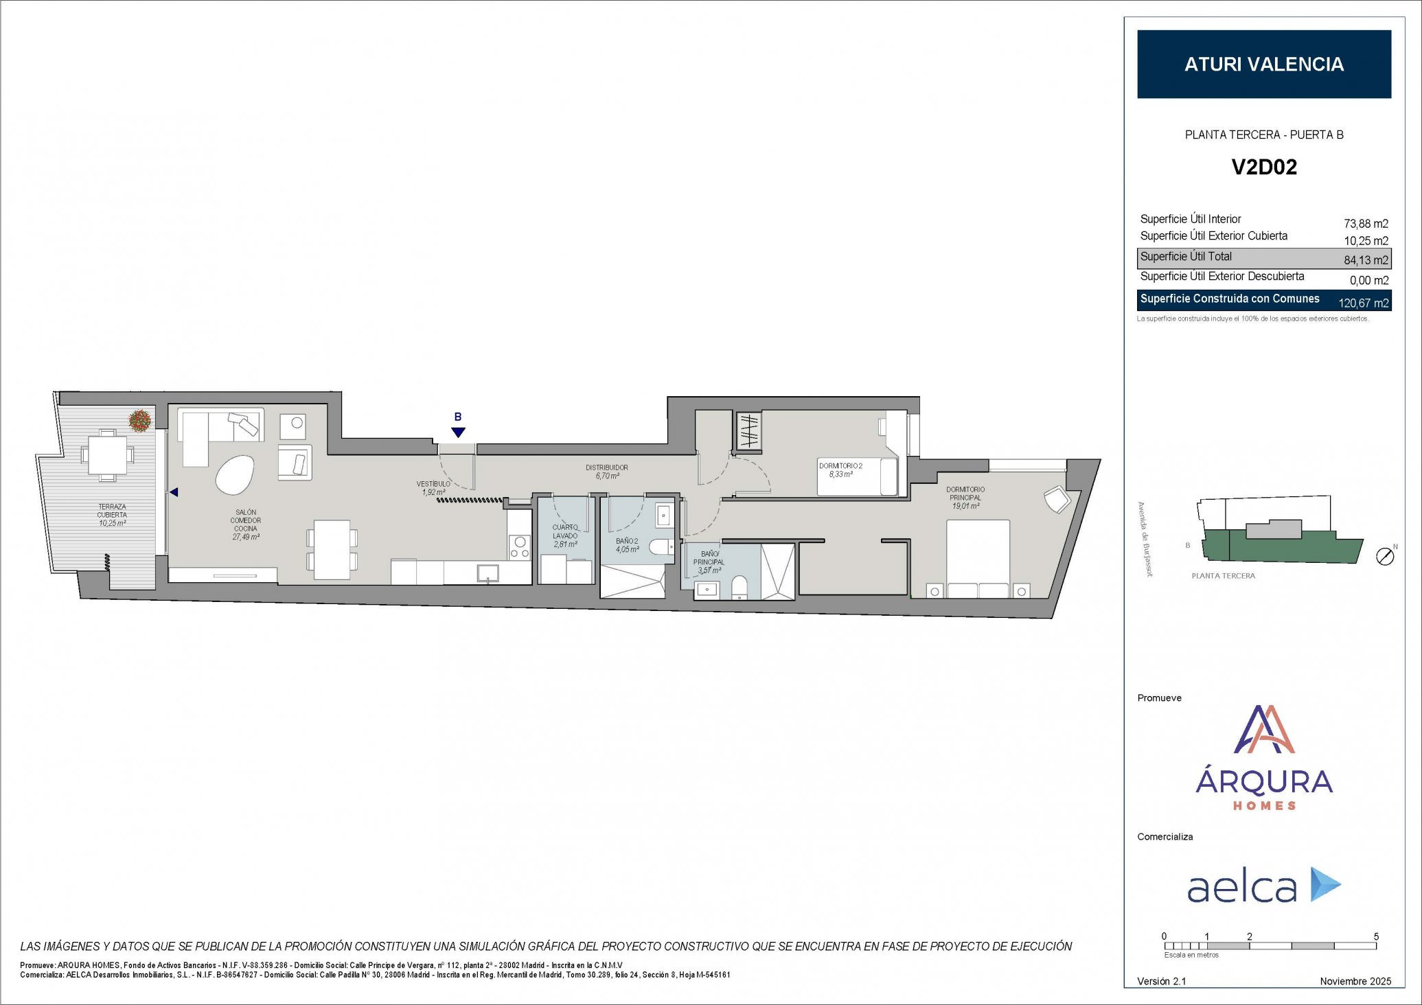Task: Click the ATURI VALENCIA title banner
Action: click(1263, 64)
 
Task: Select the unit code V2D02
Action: click(1263, 167)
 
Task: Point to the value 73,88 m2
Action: click(1365, 224)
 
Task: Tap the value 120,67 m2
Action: click(1363, 303)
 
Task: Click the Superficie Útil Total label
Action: click(1186, 257)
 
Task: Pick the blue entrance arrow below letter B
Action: click(458, 432)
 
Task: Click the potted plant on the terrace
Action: click(139, 420)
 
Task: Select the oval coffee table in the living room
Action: click(235, 474)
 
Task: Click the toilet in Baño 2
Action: click(661, 547)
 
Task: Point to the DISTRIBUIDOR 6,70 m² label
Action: click(606, 472)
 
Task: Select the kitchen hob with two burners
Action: click(520, 546)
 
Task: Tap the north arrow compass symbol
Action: click(1385, 557)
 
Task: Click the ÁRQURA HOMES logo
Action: click(1263, 759)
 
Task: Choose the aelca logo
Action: click(1263, 886)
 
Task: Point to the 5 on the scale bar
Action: click(1376, 936)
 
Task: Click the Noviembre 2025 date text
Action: click(1355, 981)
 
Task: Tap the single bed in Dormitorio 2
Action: click(857, 476)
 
